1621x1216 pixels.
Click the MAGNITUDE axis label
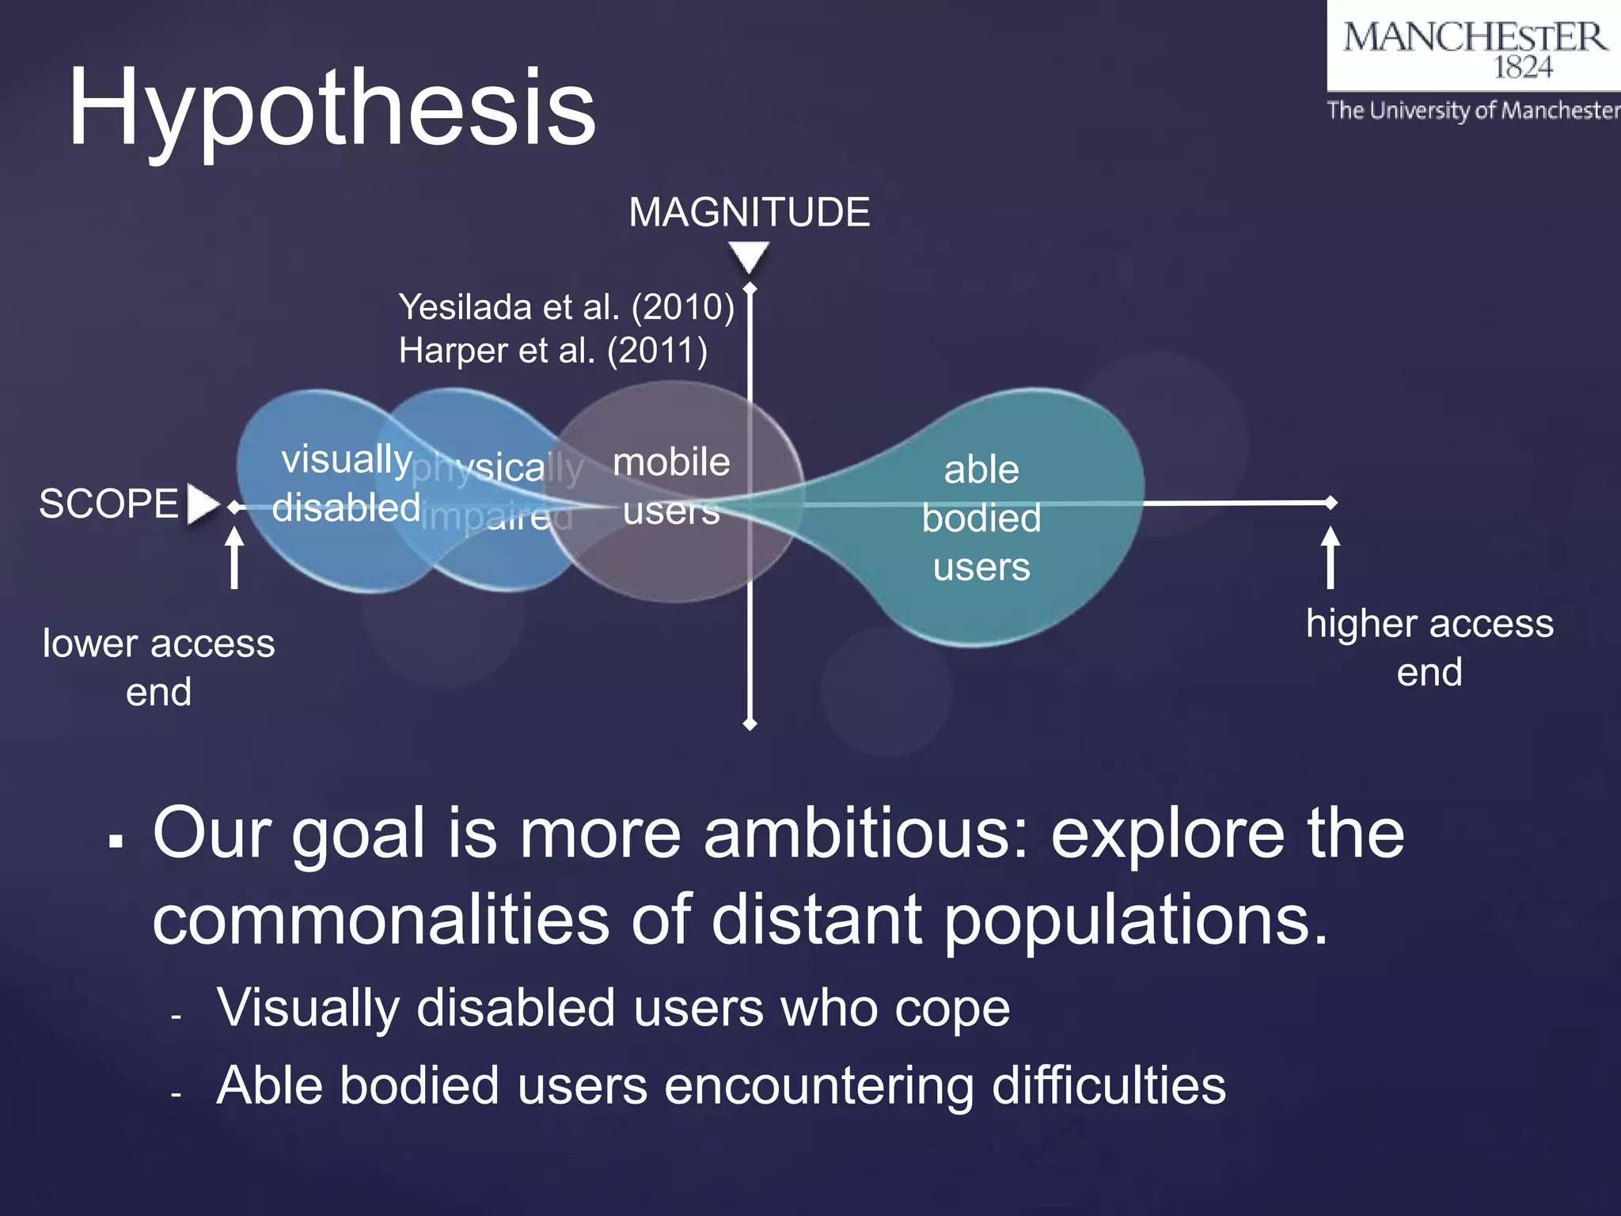tap(749, 212)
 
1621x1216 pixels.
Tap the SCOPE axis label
tap(109, 503)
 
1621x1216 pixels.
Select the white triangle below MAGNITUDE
tap(749, 256)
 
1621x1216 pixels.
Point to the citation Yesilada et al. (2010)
tap(566, 307)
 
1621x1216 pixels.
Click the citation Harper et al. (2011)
tap(552, 351)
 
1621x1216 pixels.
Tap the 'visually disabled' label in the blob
tap(346, 483)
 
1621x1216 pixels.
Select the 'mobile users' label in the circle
tap(671, 485)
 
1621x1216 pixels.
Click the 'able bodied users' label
tap(981, 519)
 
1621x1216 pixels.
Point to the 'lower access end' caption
tap(158, 667)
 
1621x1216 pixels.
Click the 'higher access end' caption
tap(1429, 647)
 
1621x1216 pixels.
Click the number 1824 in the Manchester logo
tap(1522, 68)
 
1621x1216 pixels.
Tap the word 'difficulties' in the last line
tap(1108, 1085)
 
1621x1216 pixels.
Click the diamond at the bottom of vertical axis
tap(750, 724)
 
